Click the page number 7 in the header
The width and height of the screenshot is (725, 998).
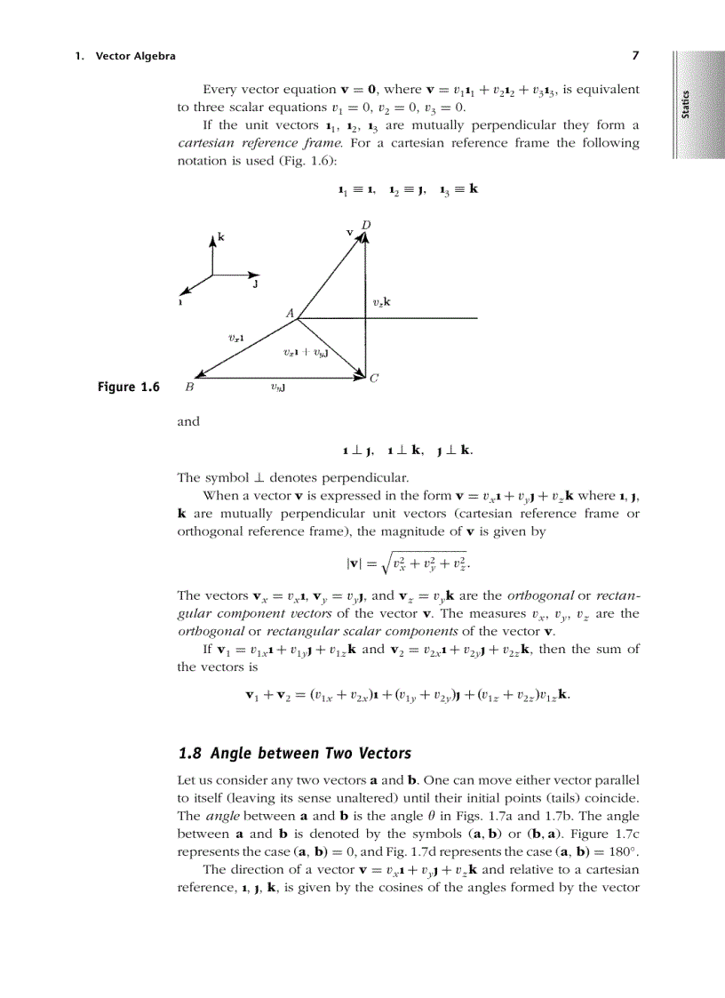point(635,56)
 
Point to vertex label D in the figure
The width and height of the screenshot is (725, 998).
point(366,225)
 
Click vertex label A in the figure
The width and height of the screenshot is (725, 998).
point(290,313)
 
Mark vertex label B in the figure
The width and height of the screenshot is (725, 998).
point(189,387)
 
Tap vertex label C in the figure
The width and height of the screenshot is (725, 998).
point(374,378)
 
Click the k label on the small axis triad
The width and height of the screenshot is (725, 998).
point(221,238)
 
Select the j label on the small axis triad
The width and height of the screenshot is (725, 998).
point(255,285)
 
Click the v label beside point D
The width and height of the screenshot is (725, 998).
point(350,232)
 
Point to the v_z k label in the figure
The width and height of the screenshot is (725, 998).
point(381,302)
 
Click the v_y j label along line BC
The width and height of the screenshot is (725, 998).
point(278,387)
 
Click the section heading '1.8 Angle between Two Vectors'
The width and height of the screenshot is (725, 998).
point(295,754)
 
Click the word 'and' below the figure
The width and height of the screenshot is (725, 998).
point(188,422)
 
